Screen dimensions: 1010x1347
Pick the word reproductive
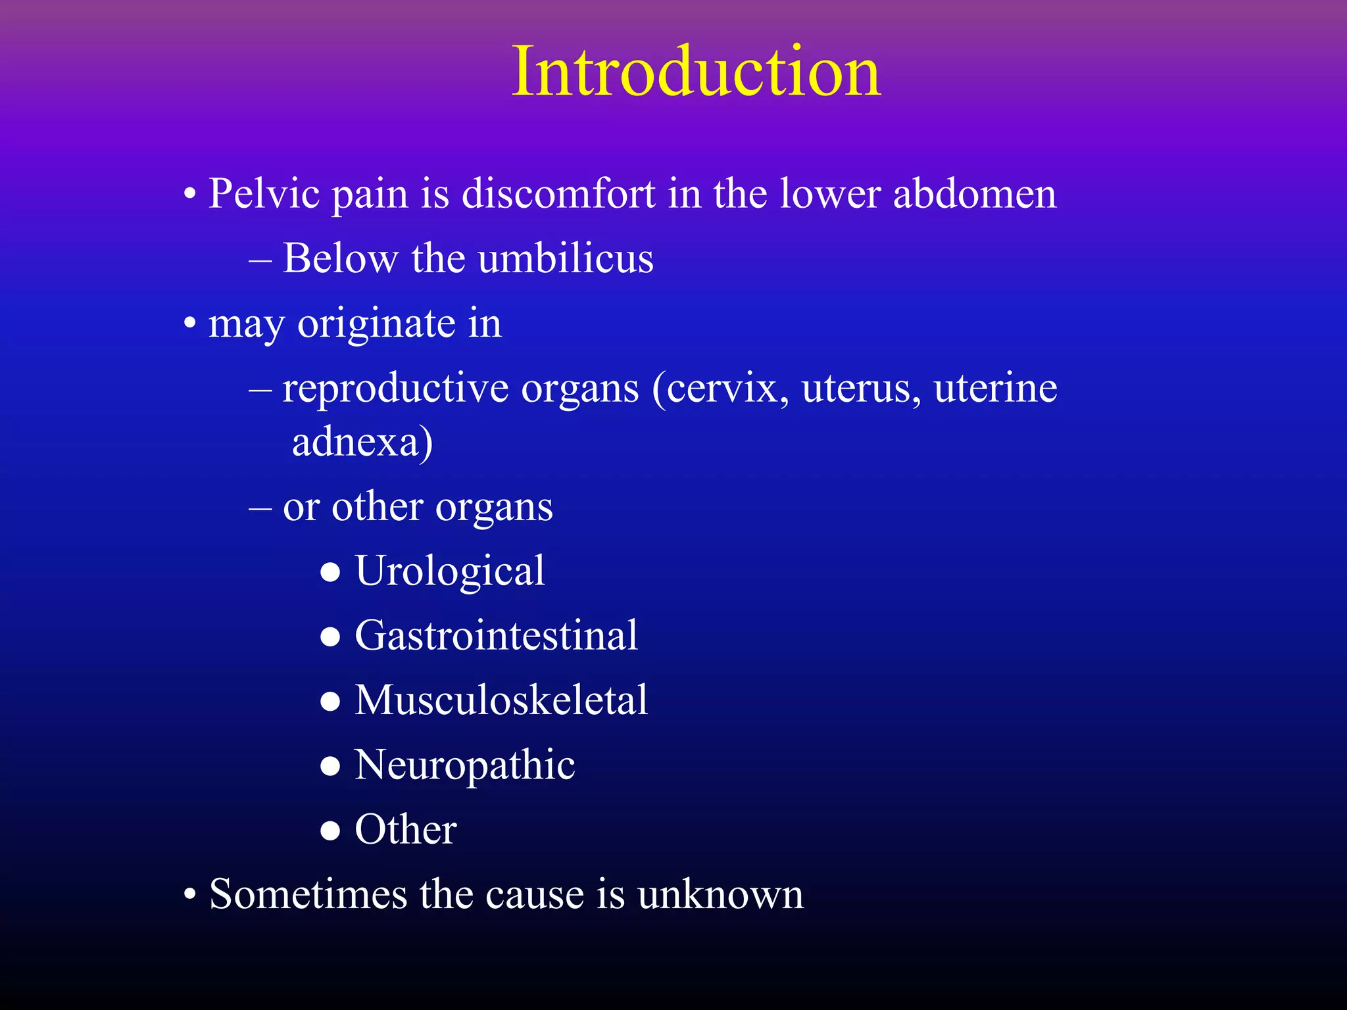395,388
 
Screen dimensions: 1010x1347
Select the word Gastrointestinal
496,635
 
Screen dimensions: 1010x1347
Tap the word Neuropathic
464,765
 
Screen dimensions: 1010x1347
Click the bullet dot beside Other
330,831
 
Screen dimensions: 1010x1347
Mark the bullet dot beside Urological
330,572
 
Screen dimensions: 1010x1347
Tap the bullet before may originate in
190,324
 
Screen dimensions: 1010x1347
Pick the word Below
340,258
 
